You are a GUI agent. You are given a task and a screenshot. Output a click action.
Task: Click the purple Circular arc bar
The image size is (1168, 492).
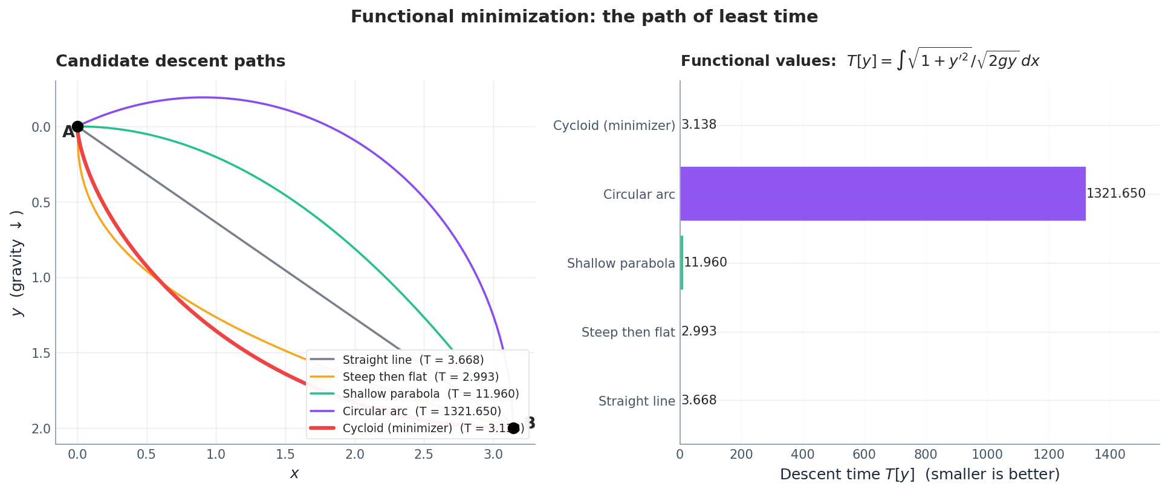883,193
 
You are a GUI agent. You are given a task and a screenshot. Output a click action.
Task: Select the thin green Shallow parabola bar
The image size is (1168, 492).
682,262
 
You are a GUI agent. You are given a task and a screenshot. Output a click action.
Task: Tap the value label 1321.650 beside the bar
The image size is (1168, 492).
1115,193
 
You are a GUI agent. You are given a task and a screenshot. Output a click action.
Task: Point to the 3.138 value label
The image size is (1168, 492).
698,125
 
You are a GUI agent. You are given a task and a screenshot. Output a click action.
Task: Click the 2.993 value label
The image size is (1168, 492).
698,331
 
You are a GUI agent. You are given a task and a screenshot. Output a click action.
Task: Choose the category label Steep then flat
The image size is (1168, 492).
628,332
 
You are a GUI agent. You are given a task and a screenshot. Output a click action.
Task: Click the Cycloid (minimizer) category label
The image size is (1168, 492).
614,126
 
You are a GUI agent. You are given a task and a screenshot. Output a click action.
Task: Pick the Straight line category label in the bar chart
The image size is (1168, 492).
636,401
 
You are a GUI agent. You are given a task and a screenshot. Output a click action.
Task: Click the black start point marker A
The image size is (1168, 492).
77,126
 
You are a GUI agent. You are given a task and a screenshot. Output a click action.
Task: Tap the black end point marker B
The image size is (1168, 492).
513,428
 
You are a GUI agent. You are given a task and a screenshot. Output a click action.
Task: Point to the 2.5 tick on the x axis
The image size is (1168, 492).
424,455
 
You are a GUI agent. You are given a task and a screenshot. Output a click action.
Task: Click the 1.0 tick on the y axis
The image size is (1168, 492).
41,278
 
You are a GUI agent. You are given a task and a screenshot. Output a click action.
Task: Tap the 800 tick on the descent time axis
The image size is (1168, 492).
926,455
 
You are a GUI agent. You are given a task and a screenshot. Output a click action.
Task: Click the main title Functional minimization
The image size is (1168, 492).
584,17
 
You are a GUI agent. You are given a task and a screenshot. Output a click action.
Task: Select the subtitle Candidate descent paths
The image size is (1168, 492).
170,61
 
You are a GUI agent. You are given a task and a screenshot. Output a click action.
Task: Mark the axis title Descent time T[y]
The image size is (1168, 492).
920,474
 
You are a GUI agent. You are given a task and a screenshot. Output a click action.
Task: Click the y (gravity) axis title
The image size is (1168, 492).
17,263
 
